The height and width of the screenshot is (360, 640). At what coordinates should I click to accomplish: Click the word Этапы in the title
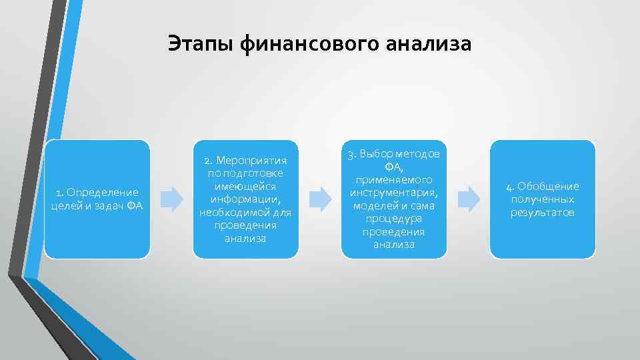point(200,44)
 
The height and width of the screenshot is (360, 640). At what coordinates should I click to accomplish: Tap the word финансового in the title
point(310,44)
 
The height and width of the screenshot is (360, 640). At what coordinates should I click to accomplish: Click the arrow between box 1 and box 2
point(173,199)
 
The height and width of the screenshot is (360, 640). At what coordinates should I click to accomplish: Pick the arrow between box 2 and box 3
point(321,199)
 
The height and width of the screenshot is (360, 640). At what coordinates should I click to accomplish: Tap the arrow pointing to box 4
point(469,199)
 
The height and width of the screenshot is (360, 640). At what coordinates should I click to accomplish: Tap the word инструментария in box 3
point(393,193)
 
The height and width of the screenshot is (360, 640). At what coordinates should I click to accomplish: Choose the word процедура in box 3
point(393,219)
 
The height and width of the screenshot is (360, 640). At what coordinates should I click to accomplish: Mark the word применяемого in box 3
point(393,180)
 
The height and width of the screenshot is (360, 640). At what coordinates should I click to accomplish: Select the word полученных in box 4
point(543,199)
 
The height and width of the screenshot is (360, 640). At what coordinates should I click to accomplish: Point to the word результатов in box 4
point(543,212)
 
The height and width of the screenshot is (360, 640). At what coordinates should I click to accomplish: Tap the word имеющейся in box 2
point(245,187)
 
